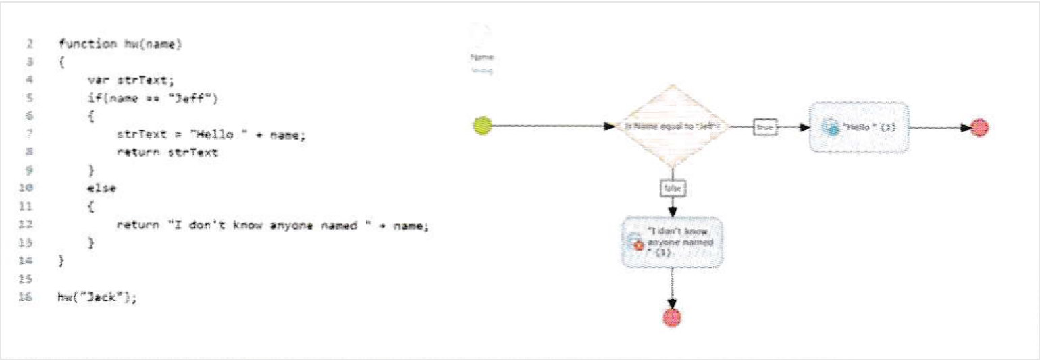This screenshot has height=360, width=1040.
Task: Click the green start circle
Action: click(x=482, y=126)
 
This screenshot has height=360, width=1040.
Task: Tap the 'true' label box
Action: click(x=765, y=126)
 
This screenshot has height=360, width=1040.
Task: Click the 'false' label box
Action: click(x=673, y=189)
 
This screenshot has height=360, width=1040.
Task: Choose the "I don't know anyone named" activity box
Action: click(x=673, y=242)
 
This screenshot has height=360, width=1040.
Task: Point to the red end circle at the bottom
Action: click(x=672, y=317)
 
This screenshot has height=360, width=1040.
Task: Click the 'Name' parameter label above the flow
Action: click(x=482, y=57)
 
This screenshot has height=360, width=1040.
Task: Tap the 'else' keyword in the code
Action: click(x=101, y=188)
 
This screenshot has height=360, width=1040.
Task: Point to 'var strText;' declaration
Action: click(x=130, y=80)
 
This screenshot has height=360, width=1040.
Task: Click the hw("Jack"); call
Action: click(x=97, y=297)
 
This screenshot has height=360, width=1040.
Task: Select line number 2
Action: click(x=30, y=44)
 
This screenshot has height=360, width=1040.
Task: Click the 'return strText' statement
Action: click(x=167, y=153)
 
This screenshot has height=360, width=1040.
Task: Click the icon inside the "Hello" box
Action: click(x=831, y=128)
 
